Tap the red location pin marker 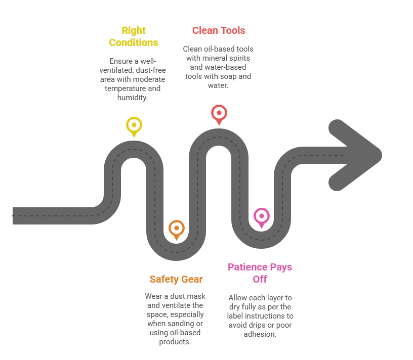tap(219, 112)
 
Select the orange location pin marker tap(176, 229)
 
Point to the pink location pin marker tap(261, 216)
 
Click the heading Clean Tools tap(219, 30)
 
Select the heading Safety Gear tap(176, 279)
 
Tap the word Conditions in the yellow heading tap(134, 43)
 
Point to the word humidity tap(132, 97)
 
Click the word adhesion tap(260, 334)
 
